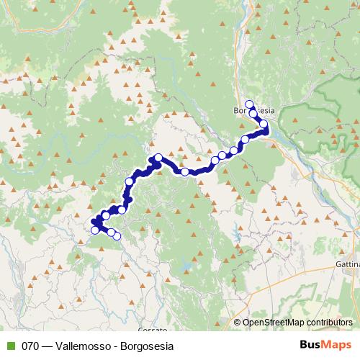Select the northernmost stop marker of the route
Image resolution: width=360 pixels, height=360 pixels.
(250, 104)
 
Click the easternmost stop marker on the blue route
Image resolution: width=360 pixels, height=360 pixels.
(264, 125)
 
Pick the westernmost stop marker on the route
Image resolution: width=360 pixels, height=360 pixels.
(94, 230)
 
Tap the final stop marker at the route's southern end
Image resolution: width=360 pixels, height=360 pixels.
(117, 235)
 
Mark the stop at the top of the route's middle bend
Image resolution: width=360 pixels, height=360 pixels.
(158, 158)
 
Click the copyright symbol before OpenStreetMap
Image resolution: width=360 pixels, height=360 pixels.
(238, 323)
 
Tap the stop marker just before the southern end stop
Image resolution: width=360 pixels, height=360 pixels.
(111, 232)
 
